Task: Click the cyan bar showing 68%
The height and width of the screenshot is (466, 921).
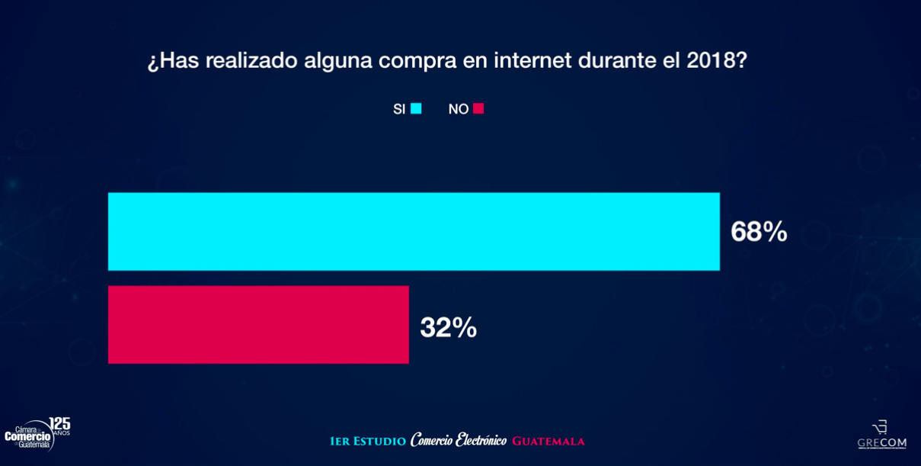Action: pyautogui.click(x=414, y=231)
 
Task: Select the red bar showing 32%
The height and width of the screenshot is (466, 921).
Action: pyautogui.click(x=258, y=325)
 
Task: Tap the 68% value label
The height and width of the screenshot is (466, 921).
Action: pyautogui.click(x=759, y=232)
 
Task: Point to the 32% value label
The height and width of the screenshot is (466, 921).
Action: pyautogui.click(x=448, y=328)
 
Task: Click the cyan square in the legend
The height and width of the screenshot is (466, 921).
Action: pyautogui.click(x=416, y=108)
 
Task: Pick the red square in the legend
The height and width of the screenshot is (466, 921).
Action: pyautogui.click(x=478, y=108)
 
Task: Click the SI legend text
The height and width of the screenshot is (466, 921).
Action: pyautogui.click(x=399, y=109)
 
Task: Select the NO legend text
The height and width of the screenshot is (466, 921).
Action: pyautogui.click(x=458, y=109)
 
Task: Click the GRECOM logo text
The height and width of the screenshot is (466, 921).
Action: pyautogui.click(x=881, y=443)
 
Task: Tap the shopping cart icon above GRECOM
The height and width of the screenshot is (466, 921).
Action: pyautogui.click(x=880, y=427)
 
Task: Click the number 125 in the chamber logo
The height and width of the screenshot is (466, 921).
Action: pyautogui.click(x=59, y=424)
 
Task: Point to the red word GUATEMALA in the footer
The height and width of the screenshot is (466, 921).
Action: pyautogui.click(x=548, y=442)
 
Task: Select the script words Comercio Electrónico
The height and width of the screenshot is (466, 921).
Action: pyautogui.click(x=458, y=441)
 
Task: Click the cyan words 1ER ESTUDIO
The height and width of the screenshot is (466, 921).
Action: pyautogui.click(x=367, y=442)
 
